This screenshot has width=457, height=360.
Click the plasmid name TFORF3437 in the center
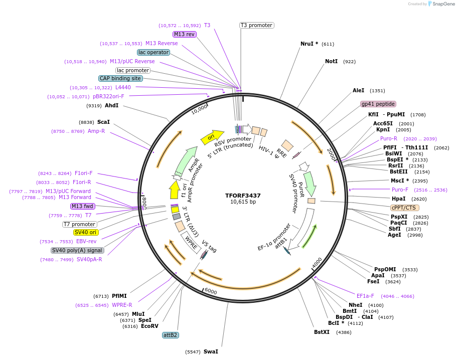pos(243,195)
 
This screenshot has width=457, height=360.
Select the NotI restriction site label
pos(331,61)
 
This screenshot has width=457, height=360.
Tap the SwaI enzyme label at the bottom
pos(211,351)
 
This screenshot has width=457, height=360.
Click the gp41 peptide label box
pos(378,104)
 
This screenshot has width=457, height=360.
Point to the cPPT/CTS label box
pos(404,208)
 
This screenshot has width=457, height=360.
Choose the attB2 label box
pos(171,334)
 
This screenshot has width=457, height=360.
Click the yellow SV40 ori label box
pos(86,232)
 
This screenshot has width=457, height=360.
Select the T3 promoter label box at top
pos(256,25)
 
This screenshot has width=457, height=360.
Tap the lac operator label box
pos(154,52)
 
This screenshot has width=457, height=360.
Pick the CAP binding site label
pos(120,78)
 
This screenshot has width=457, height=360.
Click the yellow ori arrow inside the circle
pos(212,137)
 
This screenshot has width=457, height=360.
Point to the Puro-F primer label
pos(400,190)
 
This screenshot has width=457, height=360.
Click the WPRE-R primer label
pos(122,305)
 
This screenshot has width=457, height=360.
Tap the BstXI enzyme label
pos(322,332)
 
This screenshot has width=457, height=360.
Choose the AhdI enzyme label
pos(111,105)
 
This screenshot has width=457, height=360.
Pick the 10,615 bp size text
pos(243,202)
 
